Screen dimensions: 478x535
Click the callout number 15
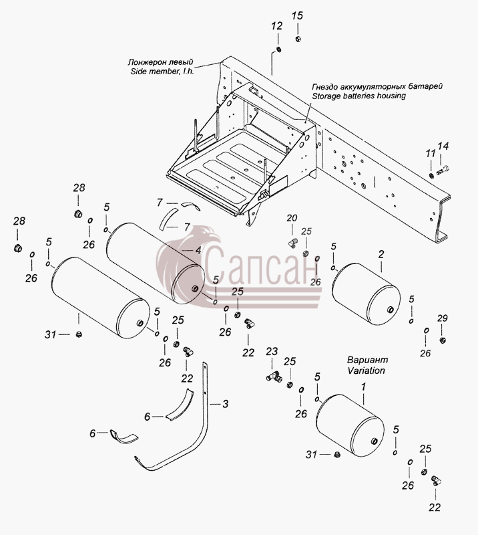[297, 15]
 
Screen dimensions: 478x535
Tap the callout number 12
[277, 26]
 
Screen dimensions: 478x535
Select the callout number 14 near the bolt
[443, 146]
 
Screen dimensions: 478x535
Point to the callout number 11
[431, 153]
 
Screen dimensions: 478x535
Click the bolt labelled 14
[443, 171]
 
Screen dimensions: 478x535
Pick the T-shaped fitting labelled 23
[273, 377]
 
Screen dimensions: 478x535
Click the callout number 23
[272, 352]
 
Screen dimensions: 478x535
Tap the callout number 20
[292, 218]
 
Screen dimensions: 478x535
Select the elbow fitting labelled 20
[292, 243]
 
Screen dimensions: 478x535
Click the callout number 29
[442, 318]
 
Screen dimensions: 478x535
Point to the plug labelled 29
[442, 340]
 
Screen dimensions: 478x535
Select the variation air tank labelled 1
[350, 425]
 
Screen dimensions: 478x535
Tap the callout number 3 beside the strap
[225, 404]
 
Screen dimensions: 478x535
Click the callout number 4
[198, 251]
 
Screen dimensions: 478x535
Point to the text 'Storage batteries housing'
[358, 96]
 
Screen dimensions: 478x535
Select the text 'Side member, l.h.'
[162, 72]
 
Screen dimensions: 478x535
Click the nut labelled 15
[298, 39]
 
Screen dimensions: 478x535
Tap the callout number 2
[381, 254]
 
